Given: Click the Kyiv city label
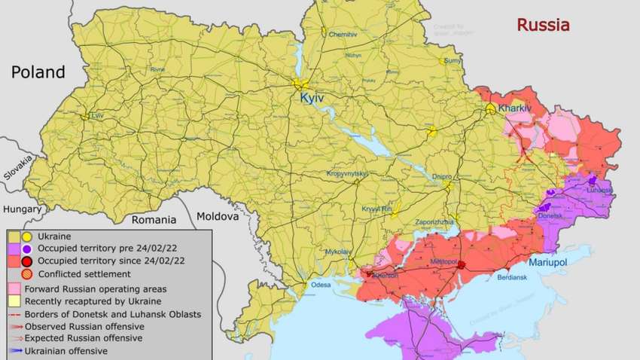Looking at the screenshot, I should [x=312, y=99].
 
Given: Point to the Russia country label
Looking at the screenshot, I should [x=543, y=25].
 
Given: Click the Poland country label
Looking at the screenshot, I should [x=38, y=72].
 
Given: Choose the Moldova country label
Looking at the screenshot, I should [x=218, y=216].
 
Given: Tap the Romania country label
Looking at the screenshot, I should [x=154, y=221].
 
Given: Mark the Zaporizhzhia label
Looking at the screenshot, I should [x=434, y=222].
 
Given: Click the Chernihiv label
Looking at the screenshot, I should [x=342, y=35].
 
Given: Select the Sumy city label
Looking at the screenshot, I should [x=453, y=60].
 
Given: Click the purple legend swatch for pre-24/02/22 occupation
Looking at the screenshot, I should [x=15, y=249].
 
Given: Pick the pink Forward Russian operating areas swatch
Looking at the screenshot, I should [x=15, y=288].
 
